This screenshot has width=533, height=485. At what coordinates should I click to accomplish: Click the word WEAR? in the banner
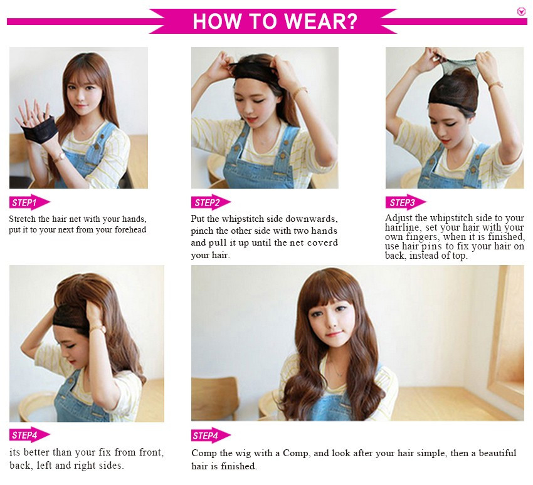(x=321, y=21)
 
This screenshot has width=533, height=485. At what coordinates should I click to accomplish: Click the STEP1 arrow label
(x=30, y=203)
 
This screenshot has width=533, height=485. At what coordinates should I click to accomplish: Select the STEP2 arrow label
(x=211, y=203)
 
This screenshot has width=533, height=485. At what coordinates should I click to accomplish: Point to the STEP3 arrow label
(x=406, y=203)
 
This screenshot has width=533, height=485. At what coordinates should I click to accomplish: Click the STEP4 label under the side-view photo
(x=30, y=435)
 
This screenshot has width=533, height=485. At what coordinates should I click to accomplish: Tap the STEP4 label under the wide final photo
(x=211, y=435)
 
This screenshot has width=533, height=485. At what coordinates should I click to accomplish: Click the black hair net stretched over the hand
(x=39, y=129)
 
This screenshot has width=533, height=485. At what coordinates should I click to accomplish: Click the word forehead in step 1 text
(x=130, y=230)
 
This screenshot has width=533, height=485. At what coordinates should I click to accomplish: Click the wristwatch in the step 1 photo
(x=60, y=157)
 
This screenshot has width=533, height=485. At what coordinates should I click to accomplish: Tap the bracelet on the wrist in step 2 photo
(x=300, y=91)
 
